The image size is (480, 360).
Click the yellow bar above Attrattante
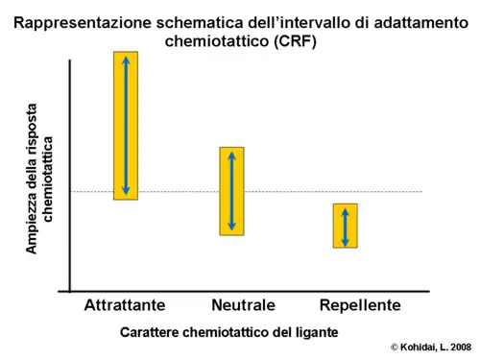click(126, 125)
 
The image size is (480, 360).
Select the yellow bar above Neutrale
click(231, 191)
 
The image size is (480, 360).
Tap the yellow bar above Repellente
click(346, 226)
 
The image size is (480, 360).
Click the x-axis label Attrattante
click(125, 305)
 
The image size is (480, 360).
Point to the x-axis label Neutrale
click(243, 305)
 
